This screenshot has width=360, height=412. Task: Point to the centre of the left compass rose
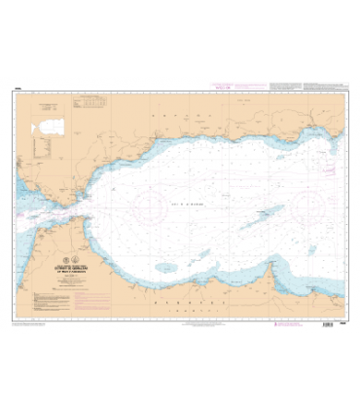pos(151,206)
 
